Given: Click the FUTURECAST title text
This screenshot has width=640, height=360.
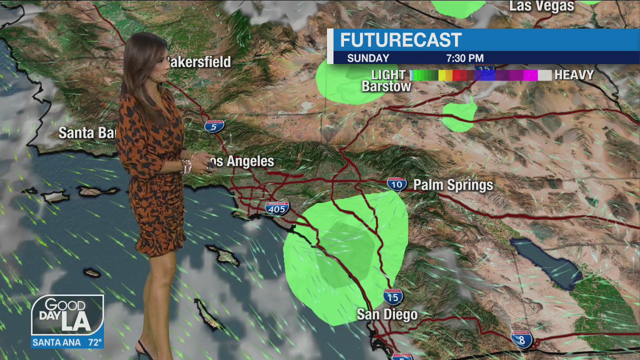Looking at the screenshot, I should tap(400, 40).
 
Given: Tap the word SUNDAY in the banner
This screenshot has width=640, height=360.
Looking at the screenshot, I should tap(368, 58).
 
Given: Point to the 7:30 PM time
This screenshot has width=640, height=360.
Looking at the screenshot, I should tap(464, 58).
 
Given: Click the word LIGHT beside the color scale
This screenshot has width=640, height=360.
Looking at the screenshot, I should tap(388, 75).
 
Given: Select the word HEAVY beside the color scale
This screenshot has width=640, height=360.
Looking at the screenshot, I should tap(574, 75).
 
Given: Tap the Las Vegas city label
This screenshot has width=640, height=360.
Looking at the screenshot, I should tap(541, 6).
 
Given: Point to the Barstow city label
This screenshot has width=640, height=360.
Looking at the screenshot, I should tap(386, 86).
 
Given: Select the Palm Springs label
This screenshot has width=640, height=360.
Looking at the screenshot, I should tap(453, 185).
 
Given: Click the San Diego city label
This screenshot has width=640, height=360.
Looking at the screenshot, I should tap(387, 314).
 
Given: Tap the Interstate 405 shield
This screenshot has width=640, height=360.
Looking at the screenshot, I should tap(277, 208).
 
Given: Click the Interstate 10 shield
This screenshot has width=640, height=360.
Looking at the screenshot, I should tap(397, 184).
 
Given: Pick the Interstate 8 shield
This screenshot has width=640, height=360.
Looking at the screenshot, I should tap(522, 339).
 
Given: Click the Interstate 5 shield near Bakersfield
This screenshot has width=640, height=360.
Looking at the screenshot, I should tap(214, 126).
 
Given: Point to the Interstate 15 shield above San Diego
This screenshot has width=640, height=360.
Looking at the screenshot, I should tap(393, 297).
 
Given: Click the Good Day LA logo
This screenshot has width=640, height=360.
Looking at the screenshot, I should tap(67, 315).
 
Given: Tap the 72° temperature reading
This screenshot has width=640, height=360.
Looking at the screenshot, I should tap(95, 343).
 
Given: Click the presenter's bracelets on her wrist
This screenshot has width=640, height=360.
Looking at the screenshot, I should tap(186, 165).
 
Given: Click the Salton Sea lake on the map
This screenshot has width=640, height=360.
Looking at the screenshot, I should tap(545, 262).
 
